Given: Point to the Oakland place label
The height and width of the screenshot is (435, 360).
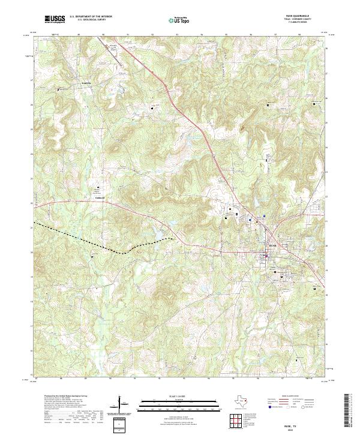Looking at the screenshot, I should pyautogui.click(x=100, y=196).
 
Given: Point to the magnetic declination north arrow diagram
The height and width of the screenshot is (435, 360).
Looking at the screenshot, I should pyautogui.click(x=125, y=406).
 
